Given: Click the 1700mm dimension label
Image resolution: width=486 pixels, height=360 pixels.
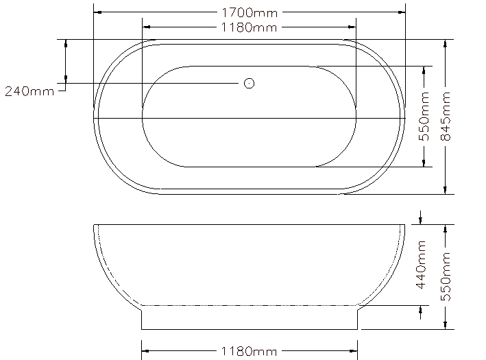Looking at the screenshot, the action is click(x=250, y=13).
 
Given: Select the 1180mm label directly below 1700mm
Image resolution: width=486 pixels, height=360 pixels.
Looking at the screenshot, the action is click(x=249, y=27).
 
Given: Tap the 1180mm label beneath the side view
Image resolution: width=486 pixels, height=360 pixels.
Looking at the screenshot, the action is click(x=249, y=351).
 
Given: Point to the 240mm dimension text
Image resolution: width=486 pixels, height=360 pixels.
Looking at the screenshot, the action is click(x=29, y=91).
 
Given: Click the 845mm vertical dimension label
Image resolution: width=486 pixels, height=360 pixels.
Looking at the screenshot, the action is click(x=446, y=116).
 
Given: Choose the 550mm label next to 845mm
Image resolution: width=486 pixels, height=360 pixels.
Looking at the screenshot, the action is click(x=424, y=116).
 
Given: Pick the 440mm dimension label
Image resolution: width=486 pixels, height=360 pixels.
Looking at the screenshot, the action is click(x=421, y=265).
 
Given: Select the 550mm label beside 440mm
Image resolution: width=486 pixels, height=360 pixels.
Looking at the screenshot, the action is click(x=446, y=276).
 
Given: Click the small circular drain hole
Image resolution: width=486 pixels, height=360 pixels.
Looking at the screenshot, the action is click(x=250, y=84).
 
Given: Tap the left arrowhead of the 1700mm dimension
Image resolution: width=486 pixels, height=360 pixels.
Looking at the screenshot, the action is click(x=97, y=12).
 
